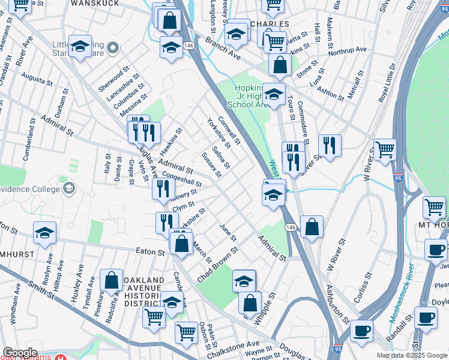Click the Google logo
20,353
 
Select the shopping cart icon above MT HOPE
434,208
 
